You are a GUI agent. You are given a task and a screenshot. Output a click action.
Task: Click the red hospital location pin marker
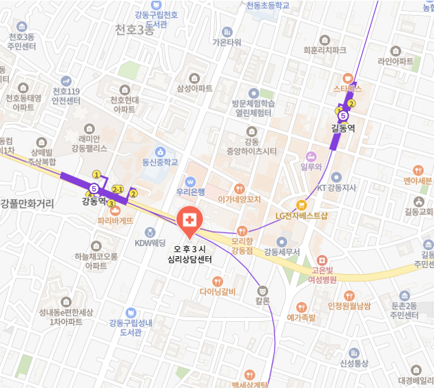point(188,220)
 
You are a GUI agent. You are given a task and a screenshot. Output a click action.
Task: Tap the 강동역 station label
point(94,201)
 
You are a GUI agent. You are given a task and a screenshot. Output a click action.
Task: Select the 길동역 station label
point(342,127)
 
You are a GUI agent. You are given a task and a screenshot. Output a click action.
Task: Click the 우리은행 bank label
point(192,192)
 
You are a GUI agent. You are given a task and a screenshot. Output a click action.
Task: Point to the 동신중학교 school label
point(160,163)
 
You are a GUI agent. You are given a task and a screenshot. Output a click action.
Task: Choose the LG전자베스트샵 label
point(302,215)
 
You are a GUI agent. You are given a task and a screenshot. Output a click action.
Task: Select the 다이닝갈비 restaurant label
point(218,292)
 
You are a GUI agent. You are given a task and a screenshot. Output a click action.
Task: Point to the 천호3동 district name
point(135,30)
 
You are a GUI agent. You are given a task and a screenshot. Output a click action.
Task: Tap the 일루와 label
point(311,166)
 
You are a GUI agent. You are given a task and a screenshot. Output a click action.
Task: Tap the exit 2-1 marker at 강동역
point(118,188)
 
